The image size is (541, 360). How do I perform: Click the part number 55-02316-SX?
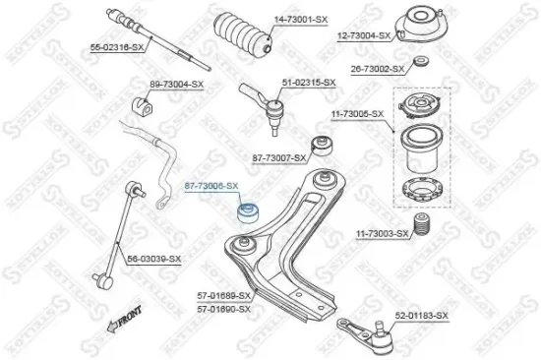coord(117,46)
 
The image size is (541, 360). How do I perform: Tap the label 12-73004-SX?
coord(364,35)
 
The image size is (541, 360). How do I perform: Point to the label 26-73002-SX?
coord(378,69)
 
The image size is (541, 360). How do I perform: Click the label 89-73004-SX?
coord(176,85)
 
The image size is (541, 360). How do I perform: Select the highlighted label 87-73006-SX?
coord(211,185)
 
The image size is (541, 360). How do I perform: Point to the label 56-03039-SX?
coord(154,258)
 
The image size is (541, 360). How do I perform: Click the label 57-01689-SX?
coord(223,295)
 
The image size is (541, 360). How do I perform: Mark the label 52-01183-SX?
coord(421,315)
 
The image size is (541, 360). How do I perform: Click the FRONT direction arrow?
coord(125,321)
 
